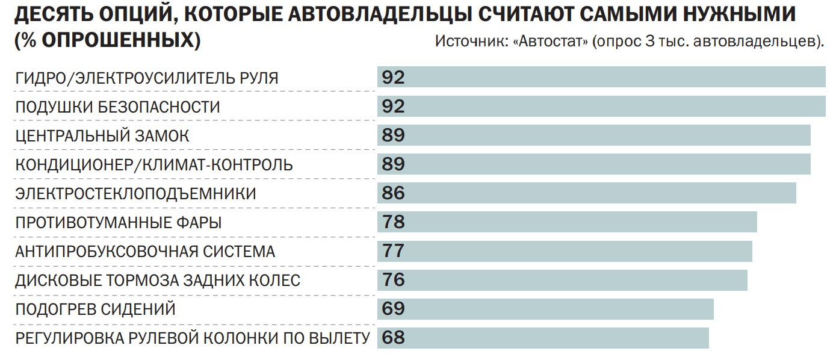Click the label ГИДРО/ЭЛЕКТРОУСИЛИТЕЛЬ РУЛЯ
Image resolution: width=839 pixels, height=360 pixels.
point(147,78)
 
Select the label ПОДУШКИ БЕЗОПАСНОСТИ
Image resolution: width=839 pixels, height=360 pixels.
point(117,107)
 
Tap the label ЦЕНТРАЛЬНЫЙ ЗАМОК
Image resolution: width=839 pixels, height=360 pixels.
point(102,136)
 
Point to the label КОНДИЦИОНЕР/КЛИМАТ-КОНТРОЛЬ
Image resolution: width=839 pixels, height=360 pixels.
point(154,165)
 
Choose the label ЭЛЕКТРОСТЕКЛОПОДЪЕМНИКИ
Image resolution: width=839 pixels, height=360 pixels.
point(135,194)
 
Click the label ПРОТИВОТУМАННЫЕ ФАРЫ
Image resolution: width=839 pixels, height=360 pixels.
point(118,223)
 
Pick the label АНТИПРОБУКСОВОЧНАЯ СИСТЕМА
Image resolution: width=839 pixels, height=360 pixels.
point(145,252)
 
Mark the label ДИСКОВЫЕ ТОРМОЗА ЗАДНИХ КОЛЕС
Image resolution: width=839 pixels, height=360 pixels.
point(158,281)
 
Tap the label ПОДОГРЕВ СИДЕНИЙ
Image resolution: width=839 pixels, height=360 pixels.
point(95,309)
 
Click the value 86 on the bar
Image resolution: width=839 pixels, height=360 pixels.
point(393,193)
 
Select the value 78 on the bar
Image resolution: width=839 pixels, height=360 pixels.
point(393,222)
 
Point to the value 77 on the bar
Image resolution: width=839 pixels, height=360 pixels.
point(393,251)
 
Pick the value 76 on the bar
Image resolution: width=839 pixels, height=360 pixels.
point(393,280)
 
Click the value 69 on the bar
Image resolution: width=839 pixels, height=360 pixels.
point(393,309)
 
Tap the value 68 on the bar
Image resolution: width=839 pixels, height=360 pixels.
point(393,338)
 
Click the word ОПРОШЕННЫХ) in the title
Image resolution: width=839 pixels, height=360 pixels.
point(120,40)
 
